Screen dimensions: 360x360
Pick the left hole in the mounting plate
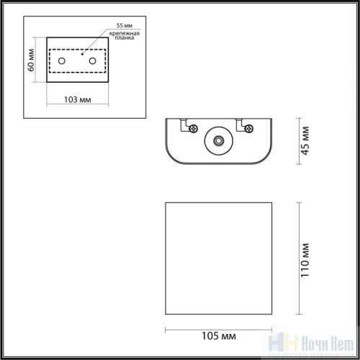point(63,60)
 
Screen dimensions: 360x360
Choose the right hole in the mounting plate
point(93,60)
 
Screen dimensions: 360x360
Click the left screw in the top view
point(194,128)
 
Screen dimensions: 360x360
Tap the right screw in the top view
point(249,128)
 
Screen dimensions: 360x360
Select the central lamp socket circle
point(217,140)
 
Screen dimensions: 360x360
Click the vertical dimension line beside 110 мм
point(297,259)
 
